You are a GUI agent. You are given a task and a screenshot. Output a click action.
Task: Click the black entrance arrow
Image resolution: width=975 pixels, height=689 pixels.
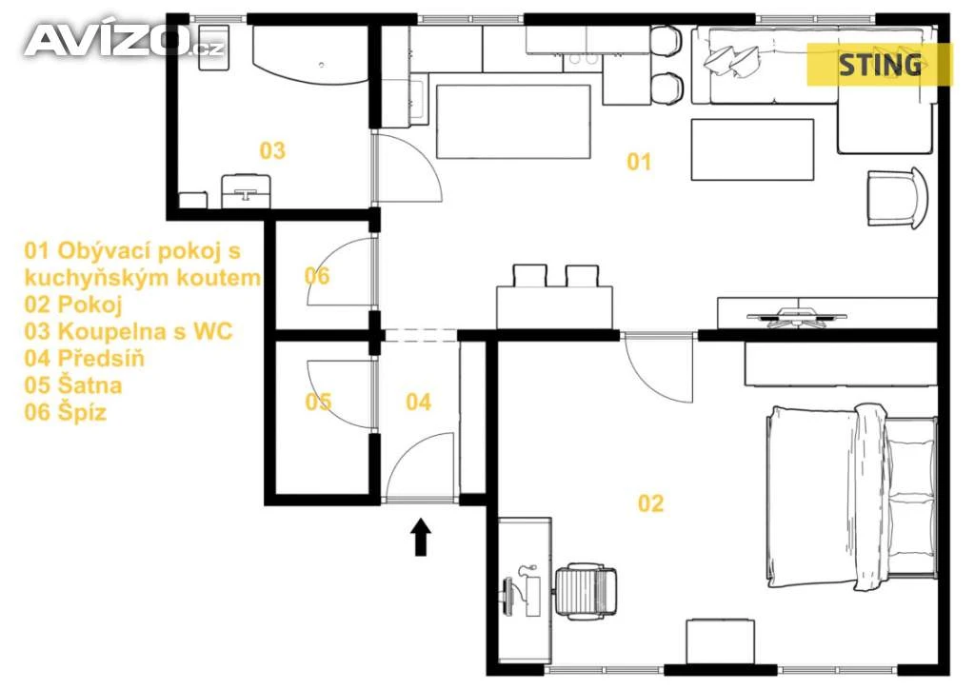click(x=421, y=537)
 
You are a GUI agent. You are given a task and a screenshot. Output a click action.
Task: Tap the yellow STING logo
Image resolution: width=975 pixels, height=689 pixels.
click(x=879, y=65)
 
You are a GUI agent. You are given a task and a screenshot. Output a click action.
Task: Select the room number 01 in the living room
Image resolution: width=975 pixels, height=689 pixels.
click(x=639, y=162)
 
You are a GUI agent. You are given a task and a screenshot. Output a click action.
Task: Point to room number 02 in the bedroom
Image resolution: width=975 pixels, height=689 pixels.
click(x=651, y=502)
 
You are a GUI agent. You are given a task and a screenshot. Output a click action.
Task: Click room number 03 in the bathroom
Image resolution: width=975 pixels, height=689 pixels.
click(x=272, y=149)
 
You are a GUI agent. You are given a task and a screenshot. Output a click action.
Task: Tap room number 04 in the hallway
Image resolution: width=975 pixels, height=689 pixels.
click(x=419, y=402)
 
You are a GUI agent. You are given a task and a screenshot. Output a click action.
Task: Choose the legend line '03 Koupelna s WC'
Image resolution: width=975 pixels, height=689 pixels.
click(x=129, y=331)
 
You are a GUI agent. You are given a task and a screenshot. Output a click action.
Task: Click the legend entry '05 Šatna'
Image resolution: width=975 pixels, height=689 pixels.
click(x=72, y=385)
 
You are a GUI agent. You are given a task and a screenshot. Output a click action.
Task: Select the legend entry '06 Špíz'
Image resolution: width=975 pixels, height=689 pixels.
click(x=66, y=412)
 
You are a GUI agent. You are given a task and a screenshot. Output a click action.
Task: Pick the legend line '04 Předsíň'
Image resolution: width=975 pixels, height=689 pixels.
click(x=84, y=359)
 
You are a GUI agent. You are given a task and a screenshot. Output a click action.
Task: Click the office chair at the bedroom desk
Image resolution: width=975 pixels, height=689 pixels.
click(x=586, y=592)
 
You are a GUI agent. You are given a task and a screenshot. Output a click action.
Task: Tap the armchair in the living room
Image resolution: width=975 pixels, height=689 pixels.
click(x=897, y=198)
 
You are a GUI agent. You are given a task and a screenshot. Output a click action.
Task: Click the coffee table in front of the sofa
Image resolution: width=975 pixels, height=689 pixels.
click(x=752, y=149)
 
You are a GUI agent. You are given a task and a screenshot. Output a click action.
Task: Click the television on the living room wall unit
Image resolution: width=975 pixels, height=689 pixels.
click(x=797, y=316)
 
